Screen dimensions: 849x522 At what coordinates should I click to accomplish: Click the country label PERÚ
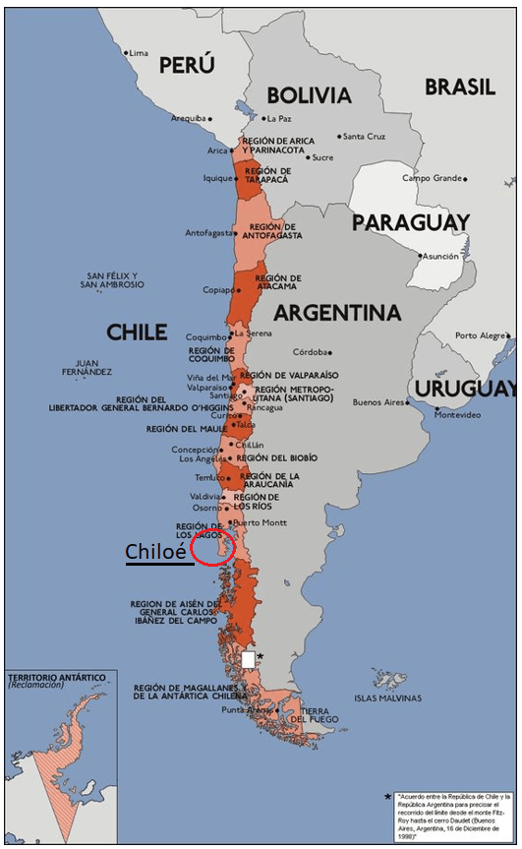187,65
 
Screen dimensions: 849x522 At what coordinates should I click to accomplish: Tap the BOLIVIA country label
309,95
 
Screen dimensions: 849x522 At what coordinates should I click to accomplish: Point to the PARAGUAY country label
411,223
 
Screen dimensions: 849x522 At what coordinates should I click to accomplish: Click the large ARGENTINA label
337,313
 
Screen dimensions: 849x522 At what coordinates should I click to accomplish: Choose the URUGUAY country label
463,389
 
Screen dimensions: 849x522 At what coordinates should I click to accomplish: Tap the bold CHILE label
137,333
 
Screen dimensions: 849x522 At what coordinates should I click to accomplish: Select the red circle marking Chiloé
212,547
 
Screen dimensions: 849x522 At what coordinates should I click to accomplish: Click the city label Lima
139,52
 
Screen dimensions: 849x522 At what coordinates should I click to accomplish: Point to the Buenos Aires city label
378,402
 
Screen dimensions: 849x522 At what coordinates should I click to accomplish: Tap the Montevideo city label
458,415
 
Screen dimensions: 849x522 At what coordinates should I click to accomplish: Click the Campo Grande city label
432,178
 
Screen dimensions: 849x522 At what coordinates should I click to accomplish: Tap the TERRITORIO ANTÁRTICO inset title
53,679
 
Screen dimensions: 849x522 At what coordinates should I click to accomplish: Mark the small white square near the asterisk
249,659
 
